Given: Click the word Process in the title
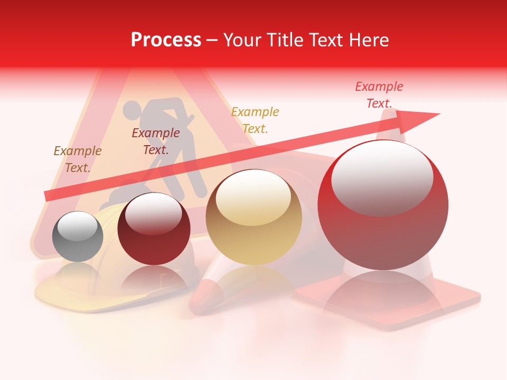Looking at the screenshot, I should pos(166,40).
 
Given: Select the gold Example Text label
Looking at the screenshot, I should pos(255,120).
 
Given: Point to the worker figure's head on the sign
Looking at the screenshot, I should pos(132,110).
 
